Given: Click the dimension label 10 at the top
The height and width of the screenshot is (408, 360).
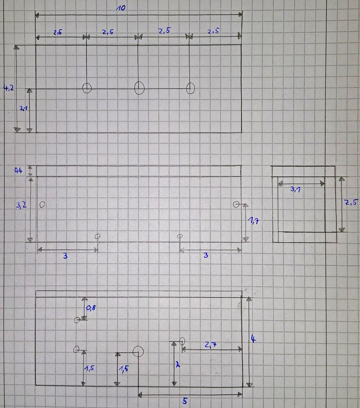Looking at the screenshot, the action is tap(121, 8).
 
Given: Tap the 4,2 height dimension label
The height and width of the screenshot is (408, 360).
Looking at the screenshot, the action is tap(8, 88).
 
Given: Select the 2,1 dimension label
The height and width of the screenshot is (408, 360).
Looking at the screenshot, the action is tap(23, 109).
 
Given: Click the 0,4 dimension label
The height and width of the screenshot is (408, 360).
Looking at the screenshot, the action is tap(18, 171).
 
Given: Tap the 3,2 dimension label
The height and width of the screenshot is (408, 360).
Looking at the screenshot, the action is tap(21, 205).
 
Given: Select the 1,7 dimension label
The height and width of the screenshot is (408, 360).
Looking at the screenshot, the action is tap(253, 221).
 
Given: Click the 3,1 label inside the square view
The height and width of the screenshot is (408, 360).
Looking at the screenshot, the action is tap(296, 189).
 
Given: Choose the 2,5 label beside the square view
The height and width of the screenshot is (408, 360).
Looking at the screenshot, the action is tap(351, 202).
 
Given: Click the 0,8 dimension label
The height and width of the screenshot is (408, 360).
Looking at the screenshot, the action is tap(91, 308).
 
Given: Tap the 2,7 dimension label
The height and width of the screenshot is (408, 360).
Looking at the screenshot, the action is tap(211, 345).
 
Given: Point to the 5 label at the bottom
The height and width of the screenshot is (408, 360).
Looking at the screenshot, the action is tap(185, 401).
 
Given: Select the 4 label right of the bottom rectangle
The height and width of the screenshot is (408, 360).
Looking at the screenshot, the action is tap(253, 339).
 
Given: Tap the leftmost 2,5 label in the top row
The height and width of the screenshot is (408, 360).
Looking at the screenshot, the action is tap(58, 32).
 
